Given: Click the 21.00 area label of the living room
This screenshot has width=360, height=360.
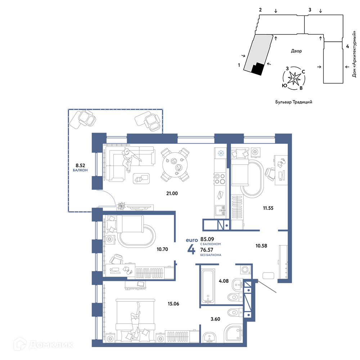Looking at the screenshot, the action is point(172,194).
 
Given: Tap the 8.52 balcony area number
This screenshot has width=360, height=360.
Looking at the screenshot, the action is point(80,165).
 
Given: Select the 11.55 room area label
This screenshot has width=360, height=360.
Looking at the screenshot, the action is point(268,208).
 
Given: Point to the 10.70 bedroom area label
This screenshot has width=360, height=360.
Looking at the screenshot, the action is point(162,249).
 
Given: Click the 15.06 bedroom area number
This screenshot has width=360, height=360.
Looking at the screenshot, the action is point(174,304).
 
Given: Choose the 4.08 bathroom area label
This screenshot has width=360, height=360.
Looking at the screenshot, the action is point(224,281).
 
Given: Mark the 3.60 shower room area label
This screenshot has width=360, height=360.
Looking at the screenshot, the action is point(215,319).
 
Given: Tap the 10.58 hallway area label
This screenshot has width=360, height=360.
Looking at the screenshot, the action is point(261,246).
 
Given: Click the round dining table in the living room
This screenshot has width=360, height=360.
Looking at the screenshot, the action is point(175,165).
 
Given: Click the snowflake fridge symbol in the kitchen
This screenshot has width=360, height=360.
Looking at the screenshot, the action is point(221,153).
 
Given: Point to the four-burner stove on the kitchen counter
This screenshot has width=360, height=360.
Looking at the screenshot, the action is point(220,179).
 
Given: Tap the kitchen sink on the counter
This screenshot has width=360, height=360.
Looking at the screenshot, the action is point(220,211).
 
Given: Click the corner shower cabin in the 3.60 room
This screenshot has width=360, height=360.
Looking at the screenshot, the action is point(233,333).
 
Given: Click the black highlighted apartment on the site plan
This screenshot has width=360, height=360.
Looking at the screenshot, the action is point(257,69).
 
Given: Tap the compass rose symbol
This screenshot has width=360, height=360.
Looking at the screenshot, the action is point(294,78).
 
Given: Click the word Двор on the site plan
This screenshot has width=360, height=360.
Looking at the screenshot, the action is point(296,51).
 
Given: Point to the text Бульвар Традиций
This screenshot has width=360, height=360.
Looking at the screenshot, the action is point(294,102).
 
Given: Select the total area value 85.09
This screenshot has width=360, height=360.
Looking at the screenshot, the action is point(207,239).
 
